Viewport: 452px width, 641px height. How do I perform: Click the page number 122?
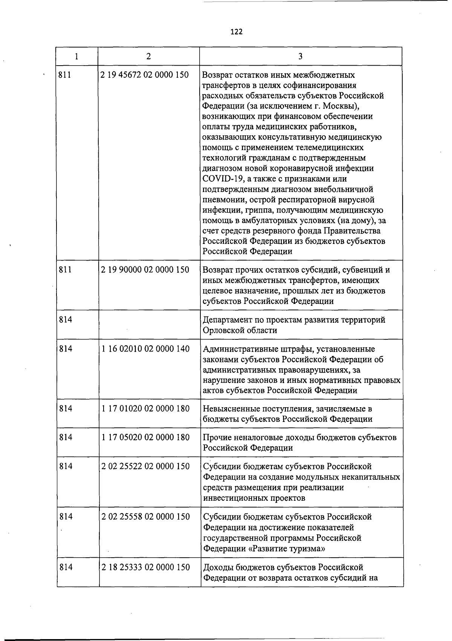[237, 32]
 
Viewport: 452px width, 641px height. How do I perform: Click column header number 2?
[149, 56]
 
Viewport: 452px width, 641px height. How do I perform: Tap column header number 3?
[300, 56]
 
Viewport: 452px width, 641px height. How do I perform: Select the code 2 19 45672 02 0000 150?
[145, 75]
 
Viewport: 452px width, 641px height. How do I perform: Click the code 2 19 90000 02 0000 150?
[145, 270]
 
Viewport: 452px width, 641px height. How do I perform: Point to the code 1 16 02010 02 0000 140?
[145, 349]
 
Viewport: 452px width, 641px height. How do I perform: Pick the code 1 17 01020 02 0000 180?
[145, 408]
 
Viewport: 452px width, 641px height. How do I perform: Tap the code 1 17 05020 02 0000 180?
[145, 437]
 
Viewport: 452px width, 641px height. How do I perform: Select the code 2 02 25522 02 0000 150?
[145, 466]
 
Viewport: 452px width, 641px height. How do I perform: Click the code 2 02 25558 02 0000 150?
[145, 517]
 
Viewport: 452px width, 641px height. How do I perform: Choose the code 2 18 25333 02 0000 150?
[145, 567]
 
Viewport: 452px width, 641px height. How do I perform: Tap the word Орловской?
[222, 330]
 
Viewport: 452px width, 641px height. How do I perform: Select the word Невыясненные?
[229, 409]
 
